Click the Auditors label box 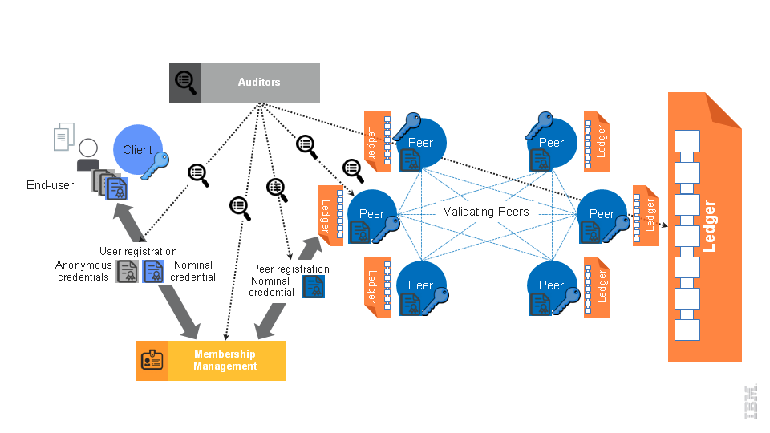[260, 83]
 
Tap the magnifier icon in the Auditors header [185, 82]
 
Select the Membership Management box [225, 360]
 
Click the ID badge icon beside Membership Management [151, 360]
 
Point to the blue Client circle [137, 150]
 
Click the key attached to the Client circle [156, 164]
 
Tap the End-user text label [50, 185]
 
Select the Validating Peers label [486, 212]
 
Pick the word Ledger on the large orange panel [709, 226]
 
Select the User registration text [138, 252]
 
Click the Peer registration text [290, 269]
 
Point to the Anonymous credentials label [83, 271]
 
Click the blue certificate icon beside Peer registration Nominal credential [313, 286]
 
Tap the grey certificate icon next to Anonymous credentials [128, 272]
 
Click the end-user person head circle [88, 148]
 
